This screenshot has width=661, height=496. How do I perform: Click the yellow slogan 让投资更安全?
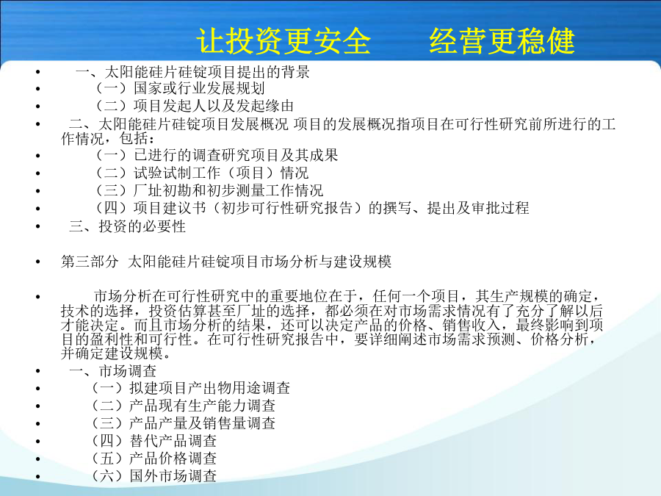(283, 41)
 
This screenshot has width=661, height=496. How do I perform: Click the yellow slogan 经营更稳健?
(502, 41)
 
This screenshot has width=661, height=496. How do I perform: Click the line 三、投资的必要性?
(127, 226)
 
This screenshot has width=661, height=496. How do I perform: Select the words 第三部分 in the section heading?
(90, 262)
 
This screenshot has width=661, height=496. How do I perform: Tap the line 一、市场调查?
(113, 371)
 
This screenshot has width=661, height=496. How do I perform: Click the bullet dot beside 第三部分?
(38, 262)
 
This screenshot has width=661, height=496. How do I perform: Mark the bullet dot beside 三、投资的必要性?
(38, 227)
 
